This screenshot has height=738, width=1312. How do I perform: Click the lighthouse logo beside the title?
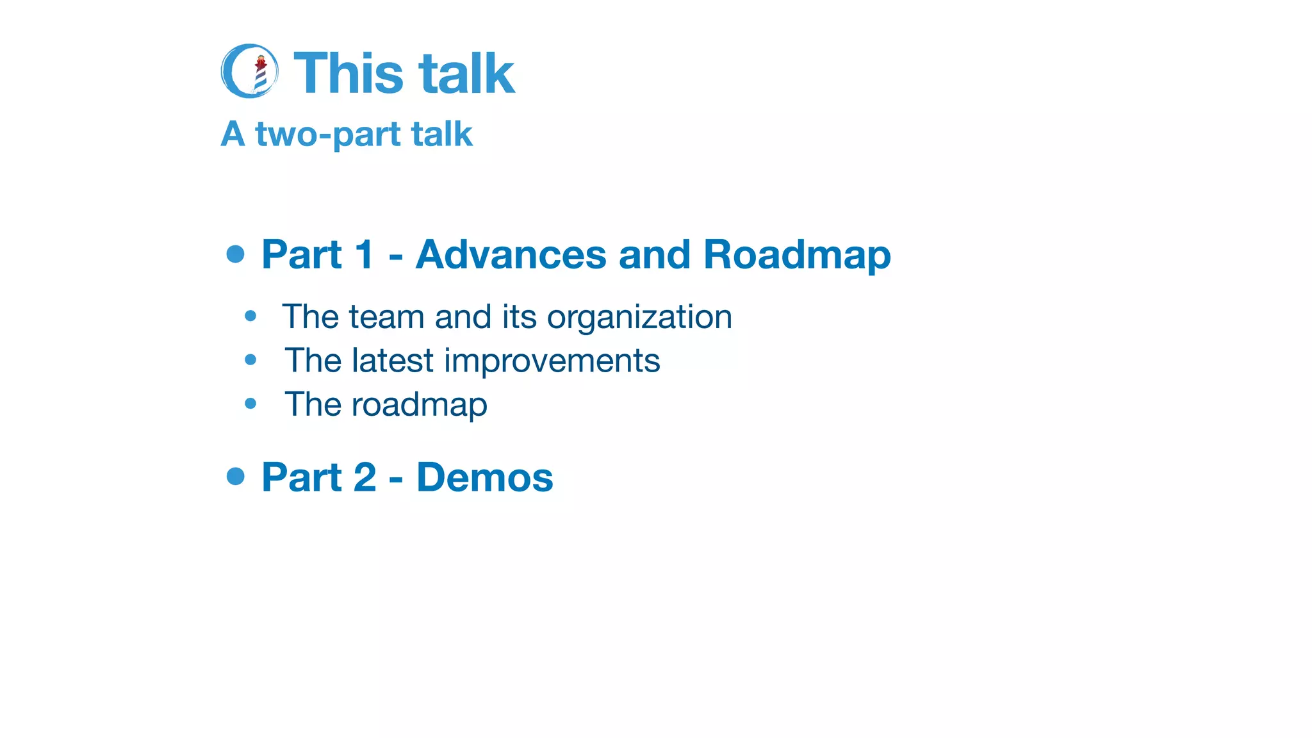[250, 71]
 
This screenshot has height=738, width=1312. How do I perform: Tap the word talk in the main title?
[467, 74]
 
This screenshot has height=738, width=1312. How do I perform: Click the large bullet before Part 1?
[236, 254]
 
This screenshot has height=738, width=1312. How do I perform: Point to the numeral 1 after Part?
[364, 254]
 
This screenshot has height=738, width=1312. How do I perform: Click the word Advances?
[511, 254]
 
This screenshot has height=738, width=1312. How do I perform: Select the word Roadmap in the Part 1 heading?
[797, 254]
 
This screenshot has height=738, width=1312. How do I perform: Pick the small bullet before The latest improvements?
[250, 360]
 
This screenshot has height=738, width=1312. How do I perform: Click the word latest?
[393, 361]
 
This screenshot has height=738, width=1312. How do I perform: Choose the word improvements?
[552, 361]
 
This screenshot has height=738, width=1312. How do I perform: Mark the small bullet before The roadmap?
[250, 404]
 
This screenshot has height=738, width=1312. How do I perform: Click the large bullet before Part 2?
[236, 476]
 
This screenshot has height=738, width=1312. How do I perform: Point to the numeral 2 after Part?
[365, 477]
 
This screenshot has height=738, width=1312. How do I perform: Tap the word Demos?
[484, 477]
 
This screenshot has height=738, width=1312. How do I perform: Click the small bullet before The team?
[250, 316]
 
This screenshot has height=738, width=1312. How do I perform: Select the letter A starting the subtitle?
[233, 135]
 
